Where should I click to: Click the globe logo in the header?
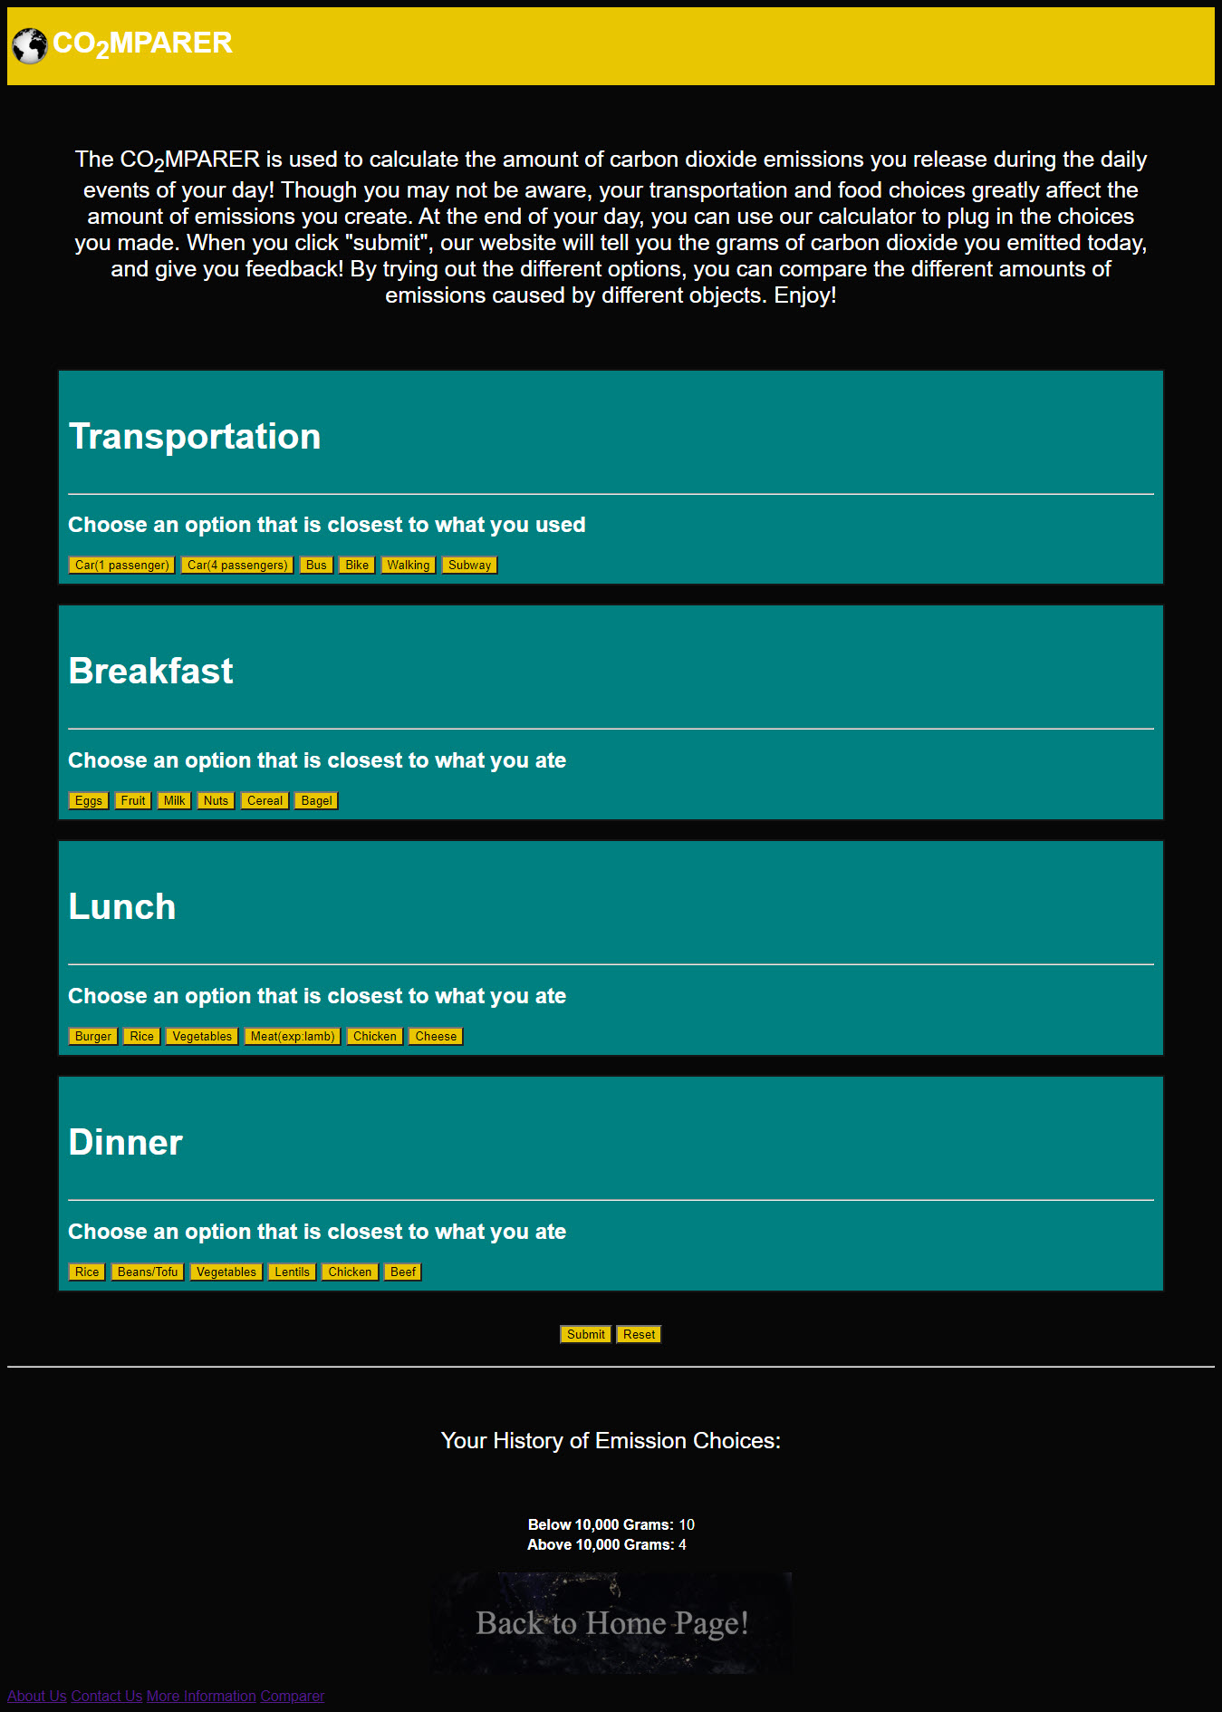(30, 46)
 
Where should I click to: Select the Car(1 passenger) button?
(121, 566)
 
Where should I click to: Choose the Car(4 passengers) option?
(237, 566)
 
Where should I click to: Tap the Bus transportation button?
(316, 566)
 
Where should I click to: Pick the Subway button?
(469, 566)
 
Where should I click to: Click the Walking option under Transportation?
(409, 566)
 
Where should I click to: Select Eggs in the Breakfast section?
(89, 801)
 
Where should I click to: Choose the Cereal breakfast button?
(265, 801)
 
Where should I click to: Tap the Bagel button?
(316, 801)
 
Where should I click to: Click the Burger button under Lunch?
(93, 1037)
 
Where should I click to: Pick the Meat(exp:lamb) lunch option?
(293, 1037)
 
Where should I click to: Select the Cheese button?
(436, 1037)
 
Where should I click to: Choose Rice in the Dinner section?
(87, 1272)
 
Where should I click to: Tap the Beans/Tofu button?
(148, 1272)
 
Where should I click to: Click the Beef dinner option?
(403, 1272)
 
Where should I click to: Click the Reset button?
(639, 1335)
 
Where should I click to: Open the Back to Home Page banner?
(611, 1623)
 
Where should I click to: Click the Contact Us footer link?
(107, 1697)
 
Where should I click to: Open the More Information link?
(201, 1697)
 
